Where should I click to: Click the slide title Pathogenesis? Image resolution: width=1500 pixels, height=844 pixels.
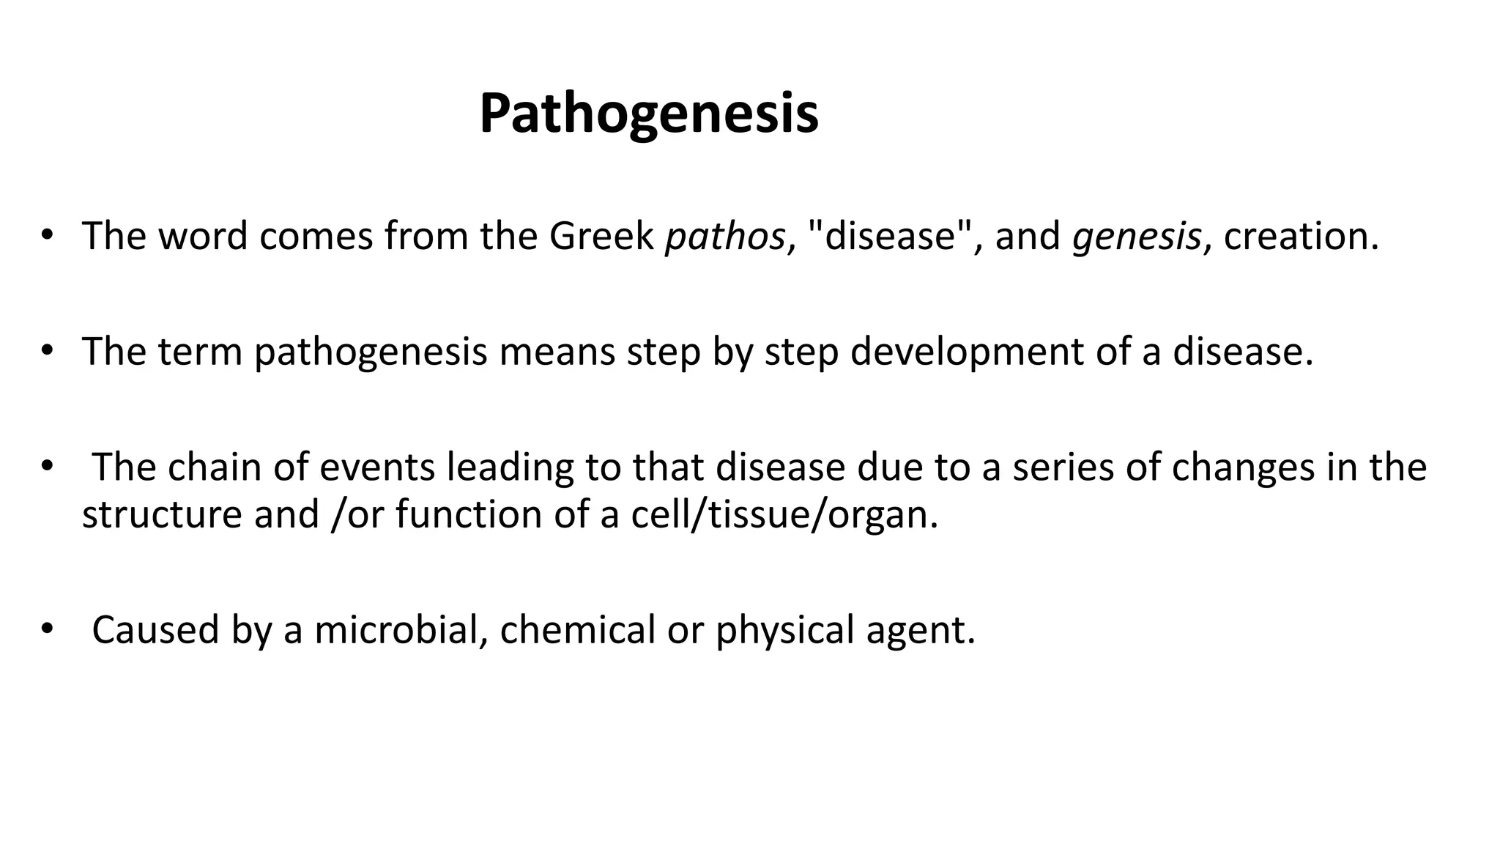pyautogui.click(x=649, y=114)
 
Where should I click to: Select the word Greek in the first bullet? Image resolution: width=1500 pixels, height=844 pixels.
pyautogui.click(x=601, y=237)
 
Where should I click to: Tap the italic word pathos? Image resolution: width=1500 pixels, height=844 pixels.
pyautogui.click(x=724, y=237)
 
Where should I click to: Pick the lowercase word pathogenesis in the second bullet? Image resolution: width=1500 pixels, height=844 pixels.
pyautogui.click(x=371, y=352)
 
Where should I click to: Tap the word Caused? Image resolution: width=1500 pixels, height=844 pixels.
pyautogui.click(x=155, y=630)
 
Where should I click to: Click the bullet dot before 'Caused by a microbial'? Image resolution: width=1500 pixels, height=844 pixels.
pyautogui.click(x=48, y=629)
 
